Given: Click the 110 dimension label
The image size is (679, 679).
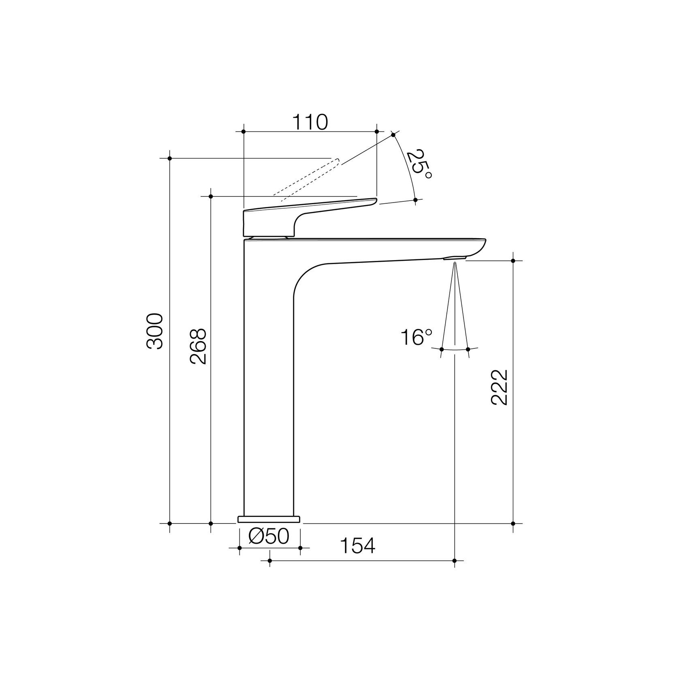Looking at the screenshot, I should (310, 122).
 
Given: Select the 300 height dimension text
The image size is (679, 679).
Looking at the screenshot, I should (155, 331).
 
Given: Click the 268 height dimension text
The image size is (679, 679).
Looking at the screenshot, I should (199, 346).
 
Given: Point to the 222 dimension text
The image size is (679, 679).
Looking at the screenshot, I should (499, 387).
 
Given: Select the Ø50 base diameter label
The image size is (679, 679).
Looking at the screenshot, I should (269, 536).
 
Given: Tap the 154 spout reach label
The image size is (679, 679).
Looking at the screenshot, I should (357, 546).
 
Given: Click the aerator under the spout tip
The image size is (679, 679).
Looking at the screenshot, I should (455, 258).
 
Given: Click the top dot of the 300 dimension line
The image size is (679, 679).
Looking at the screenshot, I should (170, 158).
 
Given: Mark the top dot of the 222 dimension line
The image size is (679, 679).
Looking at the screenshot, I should (513, 261).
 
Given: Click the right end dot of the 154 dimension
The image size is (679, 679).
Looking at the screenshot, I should (455, 561).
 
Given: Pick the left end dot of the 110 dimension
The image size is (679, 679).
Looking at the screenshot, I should (243, 132).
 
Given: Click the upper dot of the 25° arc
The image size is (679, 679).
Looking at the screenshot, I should (393, 135).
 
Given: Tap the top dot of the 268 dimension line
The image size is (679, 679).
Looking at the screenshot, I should (211, 196).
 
